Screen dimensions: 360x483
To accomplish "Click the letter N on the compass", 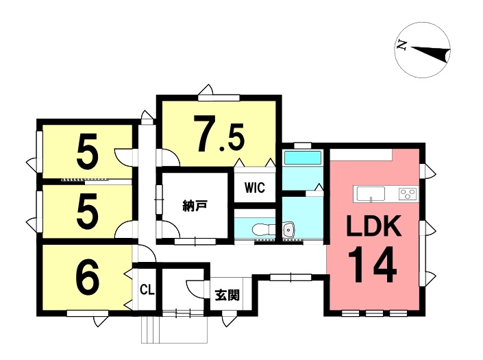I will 403,46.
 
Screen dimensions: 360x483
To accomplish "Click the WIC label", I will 255,187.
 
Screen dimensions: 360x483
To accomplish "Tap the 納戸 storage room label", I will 195,205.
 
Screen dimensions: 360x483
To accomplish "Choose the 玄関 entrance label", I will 227,295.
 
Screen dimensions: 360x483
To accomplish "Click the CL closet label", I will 147,289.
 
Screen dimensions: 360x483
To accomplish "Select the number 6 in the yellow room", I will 87,277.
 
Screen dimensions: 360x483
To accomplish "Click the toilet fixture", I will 261,229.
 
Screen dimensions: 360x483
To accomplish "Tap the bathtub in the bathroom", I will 302,158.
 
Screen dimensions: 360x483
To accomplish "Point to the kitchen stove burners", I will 408,194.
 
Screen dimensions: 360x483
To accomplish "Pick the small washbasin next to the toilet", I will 288,229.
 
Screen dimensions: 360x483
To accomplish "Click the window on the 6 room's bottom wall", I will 88,314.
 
